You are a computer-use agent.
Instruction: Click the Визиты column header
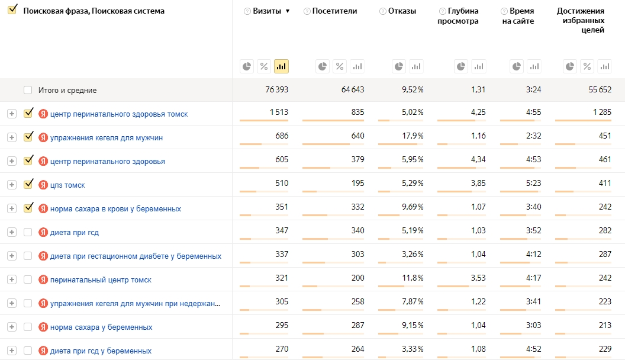point(267,11)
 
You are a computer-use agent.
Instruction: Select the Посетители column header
point(334,11)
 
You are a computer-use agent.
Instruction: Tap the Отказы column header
point(402,11)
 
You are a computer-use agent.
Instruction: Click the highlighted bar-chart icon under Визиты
point(281,66)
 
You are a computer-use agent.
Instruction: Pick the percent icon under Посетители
point(340,66)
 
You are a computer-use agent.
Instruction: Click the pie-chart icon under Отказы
point(398,66)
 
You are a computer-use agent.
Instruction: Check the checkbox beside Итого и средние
point(27,90)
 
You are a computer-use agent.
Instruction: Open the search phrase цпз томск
point(67,185)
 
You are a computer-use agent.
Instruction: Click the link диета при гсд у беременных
point(101,351)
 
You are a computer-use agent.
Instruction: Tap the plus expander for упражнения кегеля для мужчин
point(12,137)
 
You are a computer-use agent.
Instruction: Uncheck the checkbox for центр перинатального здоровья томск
point(28,113)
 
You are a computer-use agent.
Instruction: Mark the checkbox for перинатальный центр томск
point(27,279)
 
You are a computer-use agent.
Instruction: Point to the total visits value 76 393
point(276,89)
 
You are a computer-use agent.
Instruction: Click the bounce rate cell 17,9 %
point(413,136)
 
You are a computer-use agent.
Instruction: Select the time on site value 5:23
point(533,184)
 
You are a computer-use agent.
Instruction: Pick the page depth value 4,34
point(478,159)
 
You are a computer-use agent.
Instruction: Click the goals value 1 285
point(602,112)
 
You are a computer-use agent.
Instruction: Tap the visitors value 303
point(357,255)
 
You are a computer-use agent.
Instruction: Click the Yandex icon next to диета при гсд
point(43,233)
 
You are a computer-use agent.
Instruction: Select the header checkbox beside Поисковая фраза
point(12,9)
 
